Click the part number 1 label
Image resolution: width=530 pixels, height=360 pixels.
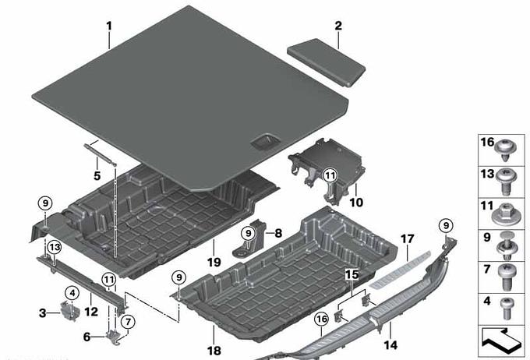[x=109, y=26]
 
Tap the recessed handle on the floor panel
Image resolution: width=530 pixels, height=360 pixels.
[x=265, y=141]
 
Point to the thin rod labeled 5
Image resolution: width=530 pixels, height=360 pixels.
[x=100, y=154]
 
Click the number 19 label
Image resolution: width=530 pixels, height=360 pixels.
[x=214, y=263]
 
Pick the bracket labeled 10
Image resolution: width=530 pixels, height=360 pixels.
[x=327, y=171]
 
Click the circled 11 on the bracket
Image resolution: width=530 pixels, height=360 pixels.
[x=330, y=175]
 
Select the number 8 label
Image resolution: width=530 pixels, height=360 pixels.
[x=278, y=233]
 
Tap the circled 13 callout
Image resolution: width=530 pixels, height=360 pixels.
[x=55, y=248]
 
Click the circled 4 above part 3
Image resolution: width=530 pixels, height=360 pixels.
[x=72, y=293]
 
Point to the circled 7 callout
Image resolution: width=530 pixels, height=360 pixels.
[x=128, y=322]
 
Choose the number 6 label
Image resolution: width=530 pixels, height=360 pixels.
[x=87, y=337]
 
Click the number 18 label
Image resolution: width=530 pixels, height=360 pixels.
[x=214, y=351]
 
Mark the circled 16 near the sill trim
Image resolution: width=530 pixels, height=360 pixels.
[x=321, y=319]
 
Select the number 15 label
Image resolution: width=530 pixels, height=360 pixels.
[x=352, y=274]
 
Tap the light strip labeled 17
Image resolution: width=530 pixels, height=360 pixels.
[x=400, y=270]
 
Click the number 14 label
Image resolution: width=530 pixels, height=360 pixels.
[x=390, y=345]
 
